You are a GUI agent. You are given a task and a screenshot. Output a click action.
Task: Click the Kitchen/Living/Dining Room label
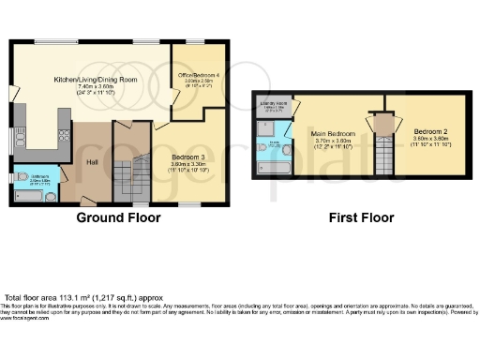95,80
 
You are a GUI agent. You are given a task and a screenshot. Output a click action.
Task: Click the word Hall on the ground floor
92,161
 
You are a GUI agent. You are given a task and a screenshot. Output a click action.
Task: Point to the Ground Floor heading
119,217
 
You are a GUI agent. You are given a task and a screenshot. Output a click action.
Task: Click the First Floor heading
361,217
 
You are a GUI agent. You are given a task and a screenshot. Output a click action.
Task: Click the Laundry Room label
272,104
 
